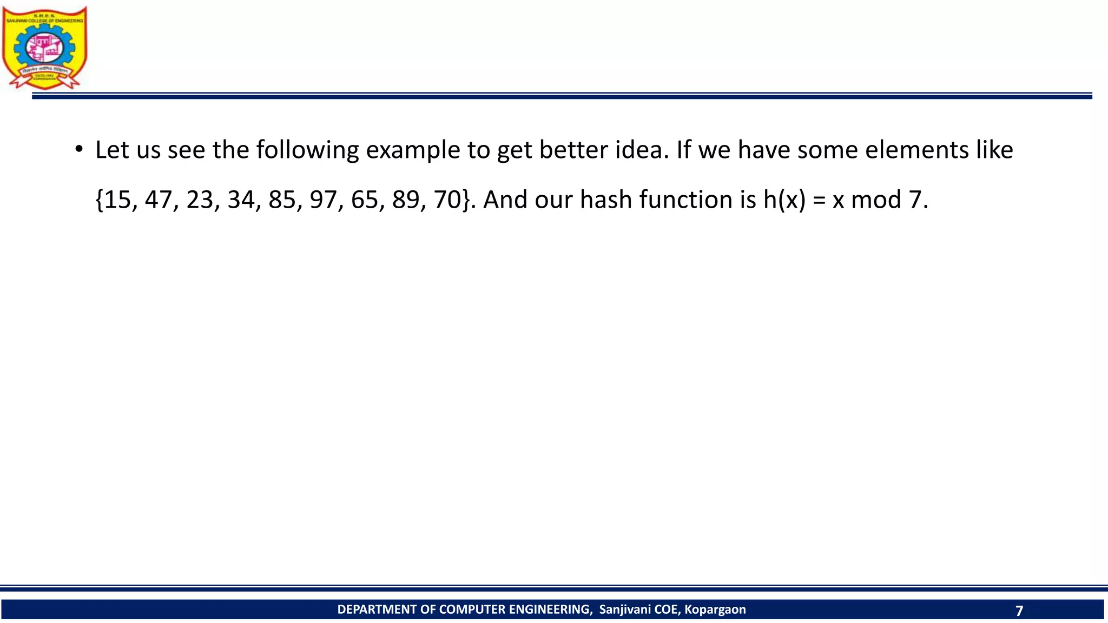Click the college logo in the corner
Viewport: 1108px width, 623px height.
tap(44, 48)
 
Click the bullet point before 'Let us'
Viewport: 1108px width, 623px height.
tap(79, 149)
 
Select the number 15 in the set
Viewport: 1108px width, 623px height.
tap(117, 200)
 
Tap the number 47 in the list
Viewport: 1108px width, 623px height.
tap(159, 200)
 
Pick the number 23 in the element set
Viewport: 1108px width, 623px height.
tap(200, 200)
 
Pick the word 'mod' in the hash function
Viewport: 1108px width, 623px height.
tap(875, 200)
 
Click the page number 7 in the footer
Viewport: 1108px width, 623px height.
tap(1019, 611)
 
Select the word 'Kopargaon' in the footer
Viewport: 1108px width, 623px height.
tap(715, 609)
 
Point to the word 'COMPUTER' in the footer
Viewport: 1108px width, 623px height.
tap(472, 609)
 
